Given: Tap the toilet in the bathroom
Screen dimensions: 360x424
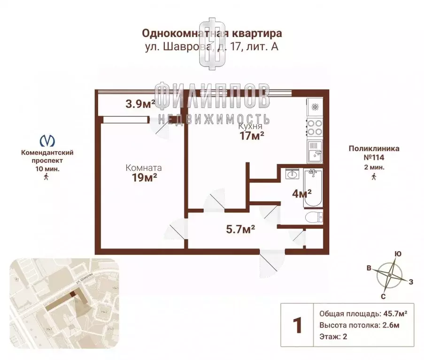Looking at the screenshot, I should (x=314, y=217).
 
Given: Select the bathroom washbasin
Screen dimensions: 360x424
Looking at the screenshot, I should (x=292, y=174).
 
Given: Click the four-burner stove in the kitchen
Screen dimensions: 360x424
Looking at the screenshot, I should (x=315, y=125).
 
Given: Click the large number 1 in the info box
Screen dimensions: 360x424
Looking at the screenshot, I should (x=297, y=325).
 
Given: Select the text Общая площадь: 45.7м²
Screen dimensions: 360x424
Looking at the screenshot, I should (x=363, y=314).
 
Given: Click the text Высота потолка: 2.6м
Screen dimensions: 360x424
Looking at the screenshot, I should (x=360, y=325).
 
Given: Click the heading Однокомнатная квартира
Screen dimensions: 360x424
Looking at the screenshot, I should (x=212, y=33).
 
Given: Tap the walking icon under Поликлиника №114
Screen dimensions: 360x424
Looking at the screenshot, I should (x=374, y=176).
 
